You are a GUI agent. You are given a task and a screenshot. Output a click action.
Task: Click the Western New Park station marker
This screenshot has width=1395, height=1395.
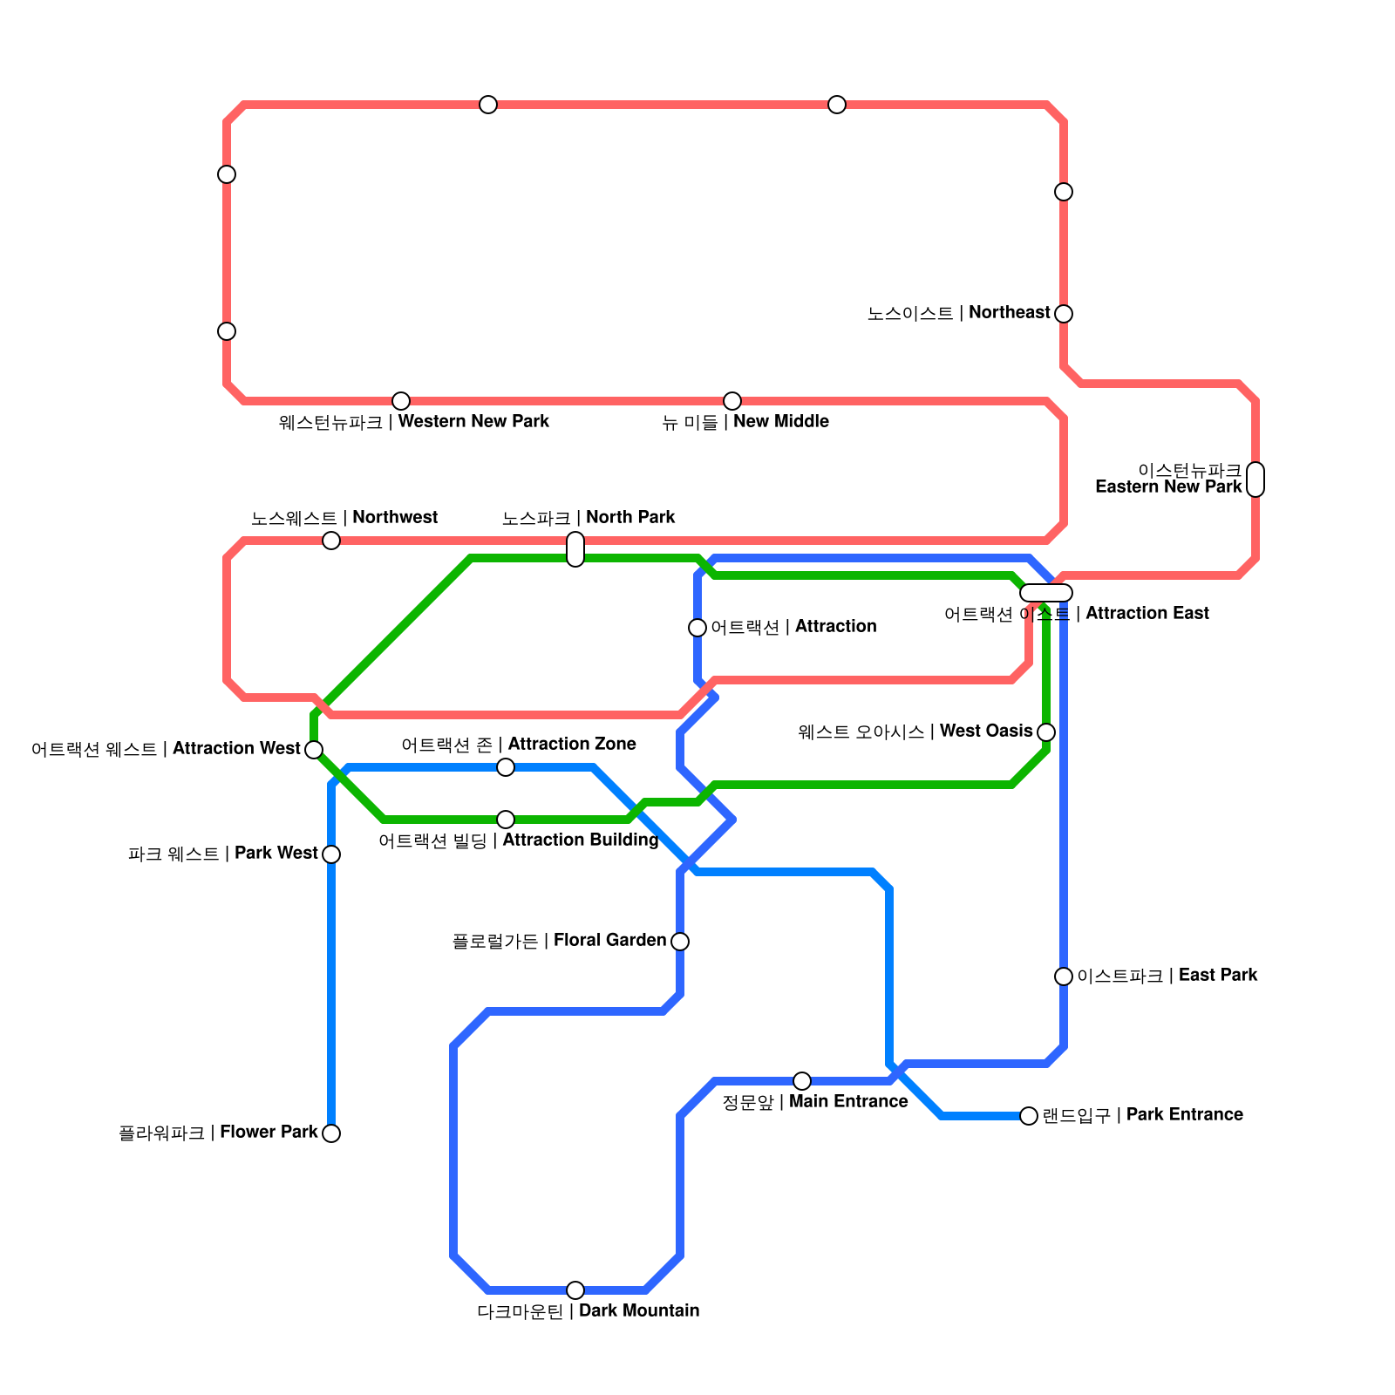(x=401, y=401)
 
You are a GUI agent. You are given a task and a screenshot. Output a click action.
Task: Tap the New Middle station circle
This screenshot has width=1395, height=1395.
(x=732, y=401)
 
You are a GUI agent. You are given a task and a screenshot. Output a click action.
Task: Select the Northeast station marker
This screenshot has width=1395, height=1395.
(x=1064, y=314)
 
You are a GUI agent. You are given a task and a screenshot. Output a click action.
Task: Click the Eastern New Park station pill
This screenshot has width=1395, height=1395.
(x=1255, y=480)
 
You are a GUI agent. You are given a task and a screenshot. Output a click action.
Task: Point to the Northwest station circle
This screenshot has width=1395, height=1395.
(x=331, y=541)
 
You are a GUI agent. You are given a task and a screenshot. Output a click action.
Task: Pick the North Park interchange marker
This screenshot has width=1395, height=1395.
(x=575, y=549)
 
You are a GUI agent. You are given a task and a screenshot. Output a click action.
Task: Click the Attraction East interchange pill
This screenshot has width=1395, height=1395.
(x=1046, y=593)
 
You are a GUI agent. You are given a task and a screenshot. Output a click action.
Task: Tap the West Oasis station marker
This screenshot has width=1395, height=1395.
(x=1046, y=732)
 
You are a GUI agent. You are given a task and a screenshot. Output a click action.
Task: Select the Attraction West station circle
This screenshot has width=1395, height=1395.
(x=314, y=749)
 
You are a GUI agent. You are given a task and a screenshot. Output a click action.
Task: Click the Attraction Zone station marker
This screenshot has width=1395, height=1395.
(x=506, y=767)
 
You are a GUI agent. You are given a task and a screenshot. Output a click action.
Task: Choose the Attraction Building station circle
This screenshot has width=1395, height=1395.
(x=506, y=820)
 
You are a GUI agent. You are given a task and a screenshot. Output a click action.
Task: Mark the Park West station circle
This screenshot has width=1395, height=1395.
(x=331, y=854)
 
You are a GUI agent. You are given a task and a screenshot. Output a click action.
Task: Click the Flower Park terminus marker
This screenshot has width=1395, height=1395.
(x=331, y=1133)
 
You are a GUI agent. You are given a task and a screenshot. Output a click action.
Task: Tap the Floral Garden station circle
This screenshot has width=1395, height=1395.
(x=680, y=942)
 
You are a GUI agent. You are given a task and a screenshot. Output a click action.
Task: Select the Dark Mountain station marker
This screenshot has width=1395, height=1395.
(x=575, y=1290)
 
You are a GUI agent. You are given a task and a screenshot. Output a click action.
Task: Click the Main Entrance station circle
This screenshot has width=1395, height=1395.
(x=802, y=1081)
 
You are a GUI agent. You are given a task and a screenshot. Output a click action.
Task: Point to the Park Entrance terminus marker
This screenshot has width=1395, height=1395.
(x=1029, y=1116)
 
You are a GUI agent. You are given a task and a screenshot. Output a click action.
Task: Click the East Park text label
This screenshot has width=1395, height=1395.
(x=1167, y=976)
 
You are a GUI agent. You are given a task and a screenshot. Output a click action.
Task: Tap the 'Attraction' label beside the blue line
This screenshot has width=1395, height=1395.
(x=793, y=627)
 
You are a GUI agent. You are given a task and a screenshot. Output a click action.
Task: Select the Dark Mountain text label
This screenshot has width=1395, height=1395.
(x=589, y=1311)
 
